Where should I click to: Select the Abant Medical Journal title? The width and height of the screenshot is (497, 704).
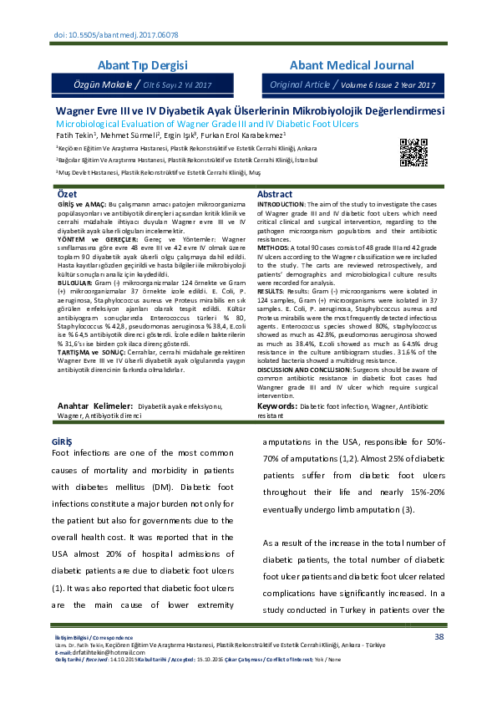(352, 65)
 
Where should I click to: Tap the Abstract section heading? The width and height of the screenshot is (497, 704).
(275, 194)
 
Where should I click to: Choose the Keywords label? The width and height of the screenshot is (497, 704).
(277, 406)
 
